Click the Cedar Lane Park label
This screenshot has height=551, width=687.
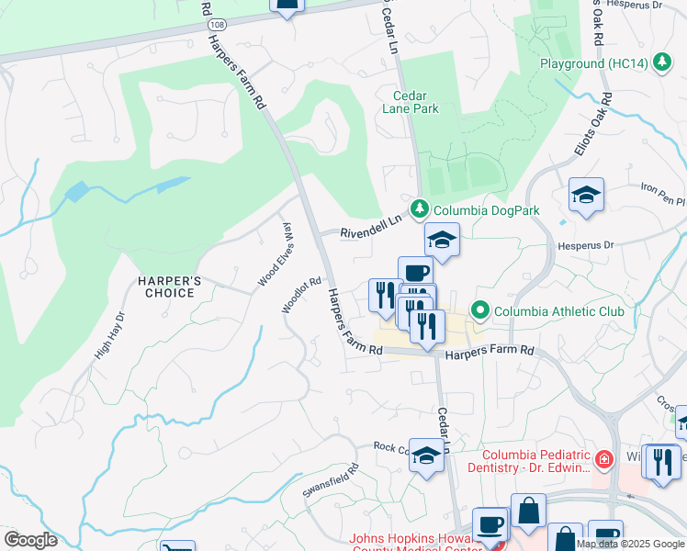point(416,102)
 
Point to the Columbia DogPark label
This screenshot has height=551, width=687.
point(487,210)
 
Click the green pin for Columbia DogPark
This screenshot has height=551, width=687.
point(420,210)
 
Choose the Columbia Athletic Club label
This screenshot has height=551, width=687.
point(558,311)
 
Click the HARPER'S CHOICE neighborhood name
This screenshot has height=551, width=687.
point(166,286)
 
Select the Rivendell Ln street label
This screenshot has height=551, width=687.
point(372,226)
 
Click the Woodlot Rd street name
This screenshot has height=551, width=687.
point(302,296)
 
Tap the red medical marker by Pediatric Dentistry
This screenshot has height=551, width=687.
point(603,458)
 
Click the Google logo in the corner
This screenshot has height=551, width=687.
point(30,540)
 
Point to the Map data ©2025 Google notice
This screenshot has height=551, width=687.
point(630,544)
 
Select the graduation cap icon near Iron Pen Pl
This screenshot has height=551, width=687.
point(586,196)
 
